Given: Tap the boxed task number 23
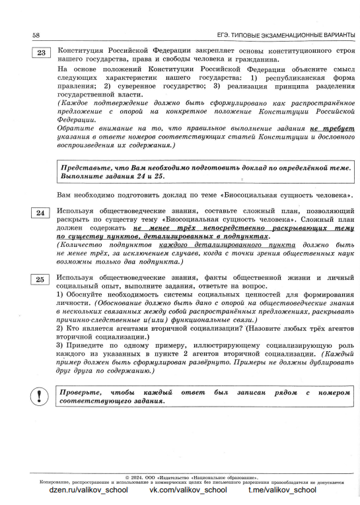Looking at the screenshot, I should [41, 54].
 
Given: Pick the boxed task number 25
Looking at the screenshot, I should [41, 280].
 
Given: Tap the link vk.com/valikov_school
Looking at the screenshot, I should [188, 490].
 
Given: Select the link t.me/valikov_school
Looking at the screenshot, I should [282, 490].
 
